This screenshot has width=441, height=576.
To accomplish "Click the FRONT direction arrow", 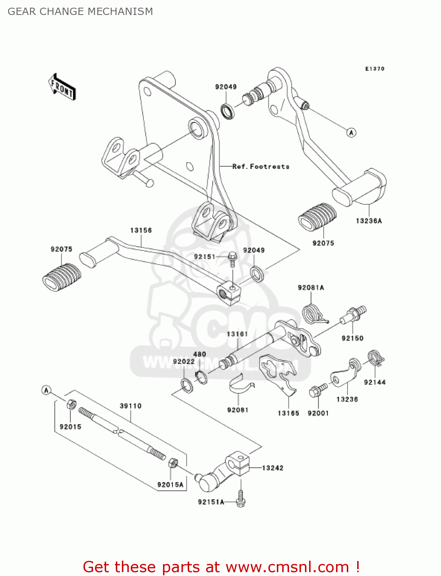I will pyautogui.click(x=62, y=87).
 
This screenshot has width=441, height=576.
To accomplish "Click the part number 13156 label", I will pyautogui.click(x=141, y=230).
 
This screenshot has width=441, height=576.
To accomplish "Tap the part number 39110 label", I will pyautogui.click(x=130, y=406).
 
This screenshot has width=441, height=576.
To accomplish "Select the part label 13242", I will pyautogui.click(x=273, y=468).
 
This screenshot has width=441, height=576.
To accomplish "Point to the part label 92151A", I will pyautogui.click(x=211, y=502).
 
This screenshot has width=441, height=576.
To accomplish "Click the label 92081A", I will pyautogui.click(x=311, y=288).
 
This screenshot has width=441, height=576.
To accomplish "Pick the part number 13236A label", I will pyautogui.click(x=369, y=221).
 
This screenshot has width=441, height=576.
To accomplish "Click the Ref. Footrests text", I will pyautogui.click(x=261, y=167).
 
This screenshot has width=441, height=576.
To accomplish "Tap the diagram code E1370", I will pyautogui.click(x=374, y=69).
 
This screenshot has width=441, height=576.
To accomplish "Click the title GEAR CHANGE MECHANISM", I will pyautogui.click(x=80, y=12).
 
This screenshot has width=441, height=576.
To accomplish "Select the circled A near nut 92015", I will pyautogui.click(x=47, y=391).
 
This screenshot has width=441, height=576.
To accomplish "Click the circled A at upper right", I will pyautogui.click(x=351, y=132).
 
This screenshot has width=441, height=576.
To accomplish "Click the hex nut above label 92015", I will pyautogui.click(x=71, y=404).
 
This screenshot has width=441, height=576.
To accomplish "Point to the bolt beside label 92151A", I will pyautogui.click(x=241, y=499).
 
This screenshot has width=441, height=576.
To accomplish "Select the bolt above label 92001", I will pyautogui.click(x=317, y=391).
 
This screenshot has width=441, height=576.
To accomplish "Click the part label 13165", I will pyautogui.click(x=288, y=413).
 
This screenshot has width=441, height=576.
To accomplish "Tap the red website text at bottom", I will pyautogui.click(x=221, y=567).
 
